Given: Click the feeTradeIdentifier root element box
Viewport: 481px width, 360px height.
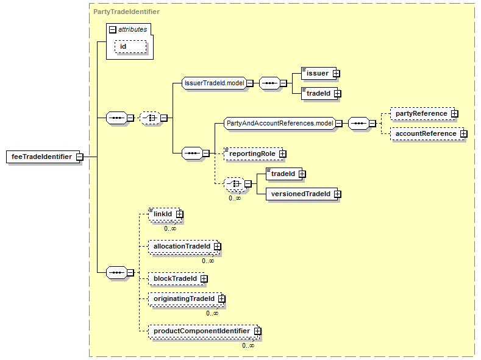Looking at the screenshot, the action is pos(43,157).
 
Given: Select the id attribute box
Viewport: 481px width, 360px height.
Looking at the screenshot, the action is pos(130,46).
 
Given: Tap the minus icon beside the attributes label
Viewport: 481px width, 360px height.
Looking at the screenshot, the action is pos(113,29).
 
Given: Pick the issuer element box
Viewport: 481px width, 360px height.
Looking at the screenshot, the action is pos(319,74).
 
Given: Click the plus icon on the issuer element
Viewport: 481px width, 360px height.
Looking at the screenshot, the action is pos(337,74).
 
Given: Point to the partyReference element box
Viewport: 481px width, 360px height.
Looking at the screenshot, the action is pos(422,114).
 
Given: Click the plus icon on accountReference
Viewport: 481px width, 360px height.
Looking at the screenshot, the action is pos(464,134).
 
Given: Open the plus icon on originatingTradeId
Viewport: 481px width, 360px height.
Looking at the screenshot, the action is pos(222,298).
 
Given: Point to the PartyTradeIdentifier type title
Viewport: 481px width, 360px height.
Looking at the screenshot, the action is pos(126,12).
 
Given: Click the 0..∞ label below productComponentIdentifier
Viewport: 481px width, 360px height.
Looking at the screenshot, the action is pos(248,345).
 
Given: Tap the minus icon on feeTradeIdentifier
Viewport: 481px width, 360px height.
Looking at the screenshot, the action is pos(80,157).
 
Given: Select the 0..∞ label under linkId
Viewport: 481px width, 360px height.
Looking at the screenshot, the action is pos(170,228).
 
